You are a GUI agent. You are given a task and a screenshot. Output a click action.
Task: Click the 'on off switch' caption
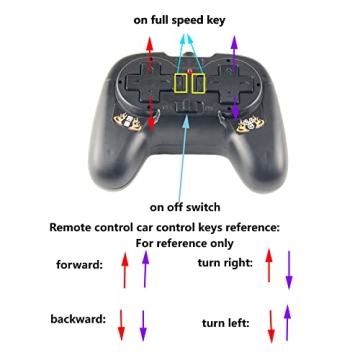pyautogui.click(x=180, y=207)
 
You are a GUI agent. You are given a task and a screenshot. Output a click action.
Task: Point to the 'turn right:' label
pyautogui.click(x=226, y=262)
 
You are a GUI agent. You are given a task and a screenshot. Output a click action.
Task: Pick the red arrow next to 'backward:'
pyautogui.click(x=120, y=322)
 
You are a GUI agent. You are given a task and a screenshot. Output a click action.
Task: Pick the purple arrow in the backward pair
pyautogui.click(x=143, y=322)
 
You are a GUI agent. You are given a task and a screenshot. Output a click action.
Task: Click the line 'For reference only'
pyautogui.click(x=180, y=243)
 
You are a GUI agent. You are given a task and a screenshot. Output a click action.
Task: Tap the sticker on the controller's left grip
pyautogui.click(x=122, y=124)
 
